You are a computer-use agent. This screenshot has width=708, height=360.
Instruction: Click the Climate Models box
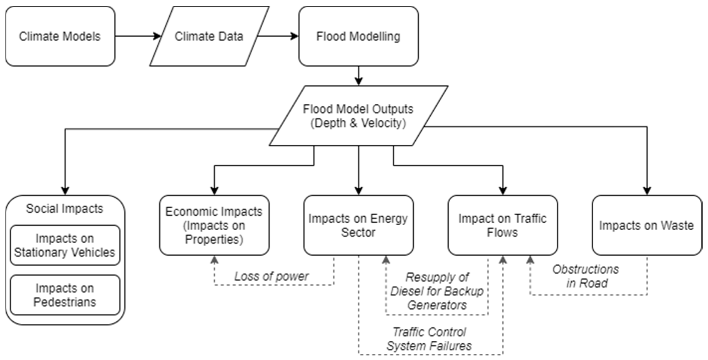(60, 36)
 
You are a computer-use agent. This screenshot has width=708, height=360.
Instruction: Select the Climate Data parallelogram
(209, 36)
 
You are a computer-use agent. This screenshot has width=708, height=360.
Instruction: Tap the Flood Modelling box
(358, 36)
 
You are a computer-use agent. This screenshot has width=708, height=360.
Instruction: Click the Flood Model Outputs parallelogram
(358, 116)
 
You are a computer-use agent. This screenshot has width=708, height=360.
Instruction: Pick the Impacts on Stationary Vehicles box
(65, 245)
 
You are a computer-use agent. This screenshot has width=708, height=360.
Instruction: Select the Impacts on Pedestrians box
(65, 295)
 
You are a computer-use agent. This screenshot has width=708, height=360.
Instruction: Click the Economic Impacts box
(214, 225)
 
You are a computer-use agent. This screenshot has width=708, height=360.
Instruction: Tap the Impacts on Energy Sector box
(358, 225)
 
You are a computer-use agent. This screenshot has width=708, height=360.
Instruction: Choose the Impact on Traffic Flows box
(502, 225)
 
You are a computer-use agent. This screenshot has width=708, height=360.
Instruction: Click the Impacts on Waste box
(646, 225)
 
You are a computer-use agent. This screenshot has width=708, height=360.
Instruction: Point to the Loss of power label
(271, 276)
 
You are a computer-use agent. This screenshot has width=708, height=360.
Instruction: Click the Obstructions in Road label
(586, 276)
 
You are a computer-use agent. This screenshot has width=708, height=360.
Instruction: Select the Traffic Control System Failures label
(429, 339)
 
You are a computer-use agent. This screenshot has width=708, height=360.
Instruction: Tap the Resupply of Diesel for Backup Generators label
(437, 291)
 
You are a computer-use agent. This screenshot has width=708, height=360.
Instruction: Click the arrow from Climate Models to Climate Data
(138, 36)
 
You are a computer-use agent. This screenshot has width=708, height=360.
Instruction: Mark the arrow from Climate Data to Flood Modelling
(277, 36)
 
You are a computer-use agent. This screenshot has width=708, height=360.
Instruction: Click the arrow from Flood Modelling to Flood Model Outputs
(358, 76)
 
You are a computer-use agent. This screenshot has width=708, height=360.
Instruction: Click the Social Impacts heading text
(65, 209)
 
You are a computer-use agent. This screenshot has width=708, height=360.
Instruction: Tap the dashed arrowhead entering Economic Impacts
(214, 260)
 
